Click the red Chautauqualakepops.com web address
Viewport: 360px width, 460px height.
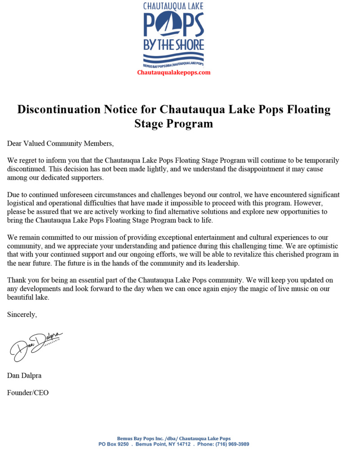click(x=173, y=72)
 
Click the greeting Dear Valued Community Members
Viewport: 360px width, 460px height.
click(x=61, y=144)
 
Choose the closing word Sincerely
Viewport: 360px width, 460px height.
click(x=22, y=314)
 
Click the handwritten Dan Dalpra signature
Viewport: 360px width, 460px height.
click(x=36, y=345)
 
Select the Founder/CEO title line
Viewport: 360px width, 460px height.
click(x=28, y=393)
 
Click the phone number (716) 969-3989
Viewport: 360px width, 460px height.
click(x=233, y=444)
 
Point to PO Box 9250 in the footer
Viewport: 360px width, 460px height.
click(x=114, y=444)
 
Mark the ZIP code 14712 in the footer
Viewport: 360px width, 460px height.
click(x=182, y=444)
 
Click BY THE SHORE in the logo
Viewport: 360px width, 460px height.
click(x=173, y=44)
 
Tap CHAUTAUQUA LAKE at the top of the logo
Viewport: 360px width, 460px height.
click(x=173, y=6)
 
